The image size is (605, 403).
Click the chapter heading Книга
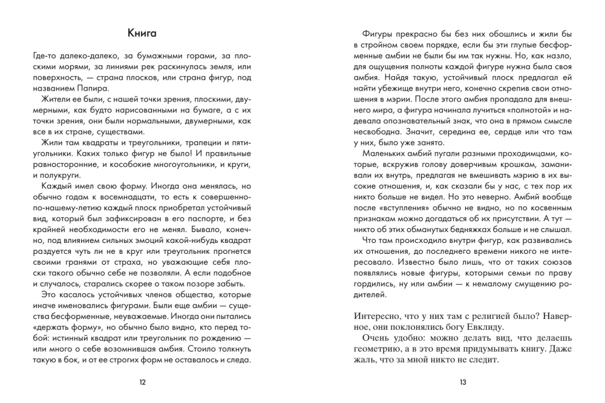(142, 32)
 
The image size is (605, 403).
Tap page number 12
(142, 382)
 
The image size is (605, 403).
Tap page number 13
(462, 382)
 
